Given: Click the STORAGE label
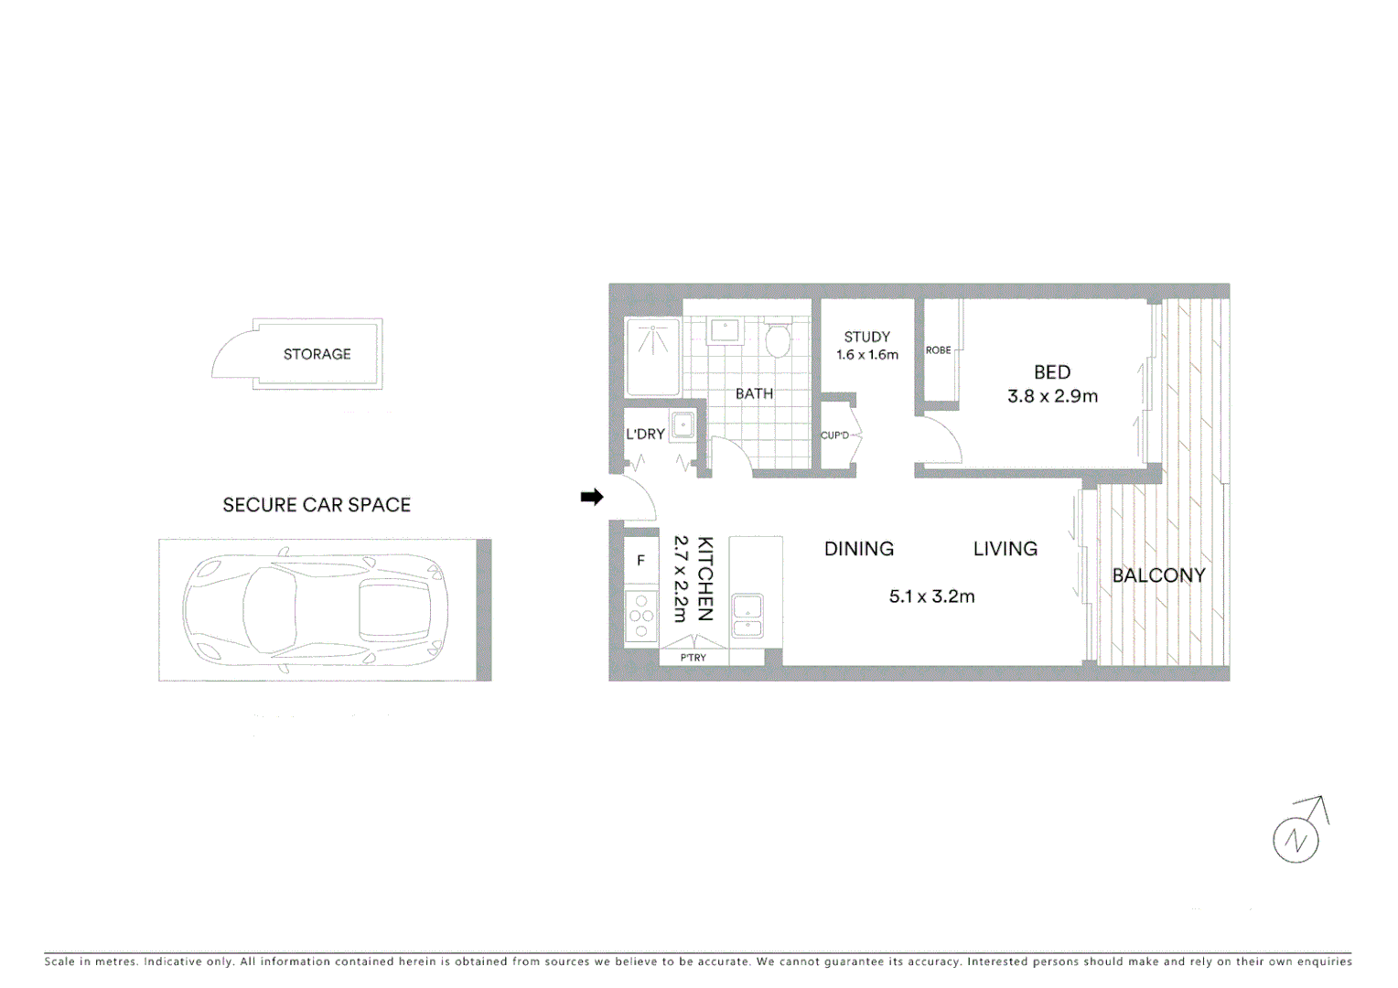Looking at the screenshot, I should [x=317, y=354].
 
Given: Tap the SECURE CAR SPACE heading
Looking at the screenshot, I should [x=317, y=505].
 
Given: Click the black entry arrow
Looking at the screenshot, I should [x=592, y=497].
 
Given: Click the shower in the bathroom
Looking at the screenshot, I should [x=652, y=356].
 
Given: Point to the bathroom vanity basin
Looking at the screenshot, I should [x=725, y=330].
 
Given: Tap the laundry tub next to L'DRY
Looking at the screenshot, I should [x=683, y=425].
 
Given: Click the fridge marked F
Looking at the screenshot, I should [x=640, y=561].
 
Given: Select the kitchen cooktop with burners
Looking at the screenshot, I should [x=641, y=617].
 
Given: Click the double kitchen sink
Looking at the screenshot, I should [x=747, y=616].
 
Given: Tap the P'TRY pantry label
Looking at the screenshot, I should [x=693, y=658].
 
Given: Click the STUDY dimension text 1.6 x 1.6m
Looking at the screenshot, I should [x=867, y=355].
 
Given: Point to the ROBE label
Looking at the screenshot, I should [x=938, y=350].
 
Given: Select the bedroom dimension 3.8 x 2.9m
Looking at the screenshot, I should [x=1052, y=396].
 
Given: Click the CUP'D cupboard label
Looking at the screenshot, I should [x=834, y=435].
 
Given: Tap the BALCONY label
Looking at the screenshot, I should [x=1158, y=575].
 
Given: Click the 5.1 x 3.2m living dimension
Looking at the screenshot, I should [x=931, y=596].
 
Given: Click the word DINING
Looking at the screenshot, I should [x=858, y=549].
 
